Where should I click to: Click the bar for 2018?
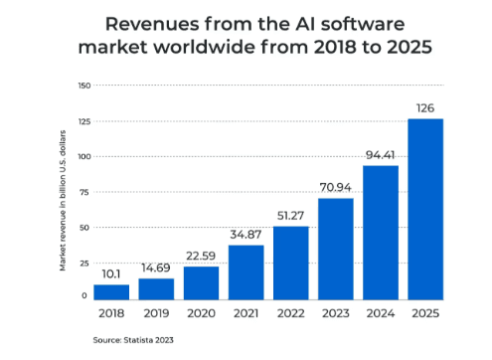[x=111, y=291]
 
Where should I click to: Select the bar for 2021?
[x=246, y=271]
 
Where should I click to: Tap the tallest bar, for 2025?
[x=424, y=209]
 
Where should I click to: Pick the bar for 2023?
[x=335, y=249]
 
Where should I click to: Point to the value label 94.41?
[x=380, y=155]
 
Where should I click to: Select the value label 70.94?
[x=335, y=188]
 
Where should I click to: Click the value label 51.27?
[x=290, y=216]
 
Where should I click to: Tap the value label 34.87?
[x=246, y=235]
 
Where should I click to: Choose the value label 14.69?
[x=156, y=268]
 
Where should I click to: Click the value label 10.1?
[x=111, y=273]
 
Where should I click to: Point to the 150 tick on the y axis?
[x=82, y=86]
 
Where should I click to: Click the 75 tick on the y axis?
[x=84, y=192]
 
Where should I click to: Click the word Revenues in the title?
[x=149, y=23]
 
